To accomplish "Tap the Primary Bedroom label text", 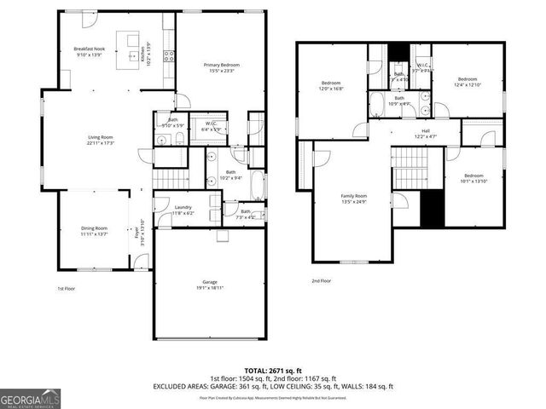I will [221, 66].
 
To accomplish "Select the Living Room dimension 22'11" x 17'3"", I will [101, 143].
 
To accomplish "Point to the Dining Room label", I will [95, 228].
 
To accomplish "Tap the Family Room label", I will [353, 196].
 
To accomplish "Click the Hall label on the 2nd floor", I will [425, 130].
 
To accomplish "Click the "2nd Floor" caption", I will [322, 280].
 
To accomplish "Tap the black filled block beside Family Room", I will [433, 209].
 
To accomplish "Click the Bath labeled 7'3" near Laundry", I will [245, 213].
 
